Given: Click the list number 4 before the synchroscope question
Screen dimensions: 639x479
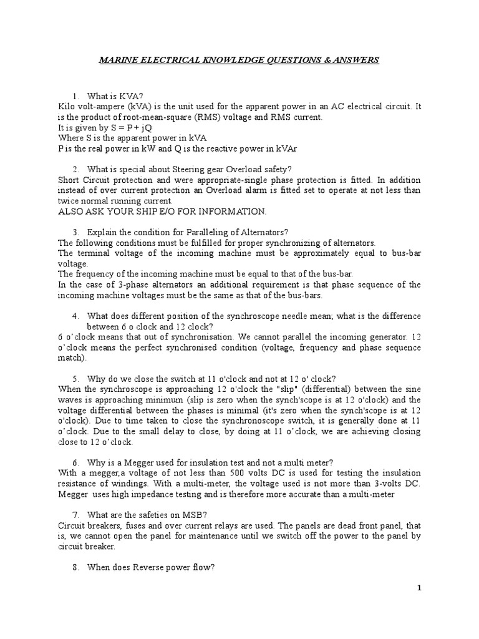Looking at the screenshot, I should [x=75, y=316].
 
